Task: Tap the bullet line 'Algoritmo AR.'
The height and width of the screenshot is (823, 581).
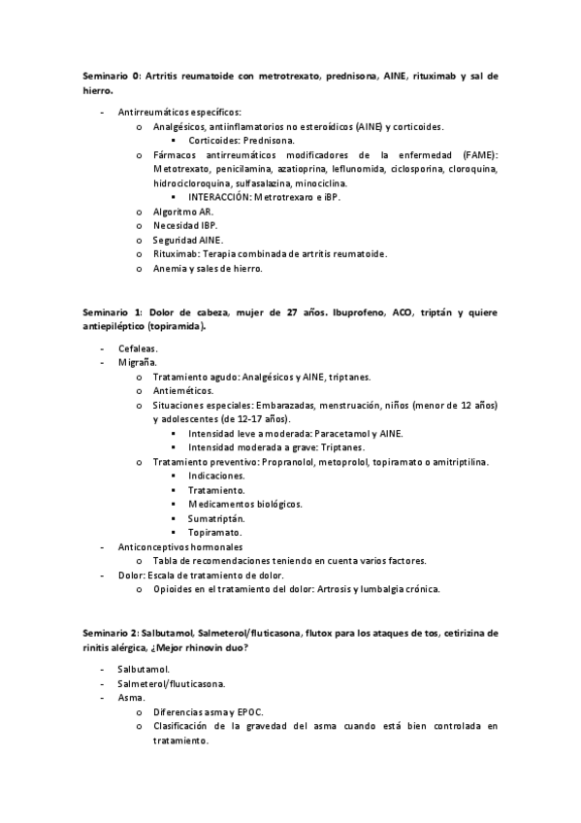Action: coord(183,211)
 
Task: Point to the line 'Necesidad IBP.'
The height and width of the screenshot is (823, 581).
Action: coord(185,225)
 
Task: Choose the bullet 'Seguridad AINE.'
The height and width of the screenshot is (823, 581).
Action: coord(187,240)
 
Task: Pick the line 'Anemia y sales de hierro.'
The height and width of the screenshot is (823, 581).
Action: coord(208,268)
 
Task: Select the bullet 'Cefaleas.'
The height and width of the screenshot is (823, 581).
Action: coord(138,347)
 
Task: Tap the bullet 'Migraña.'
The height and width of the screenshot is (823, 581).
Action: coord(136,362)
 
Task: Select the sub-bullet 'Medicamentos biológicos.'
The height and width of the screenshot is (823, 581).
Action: coord(244,504)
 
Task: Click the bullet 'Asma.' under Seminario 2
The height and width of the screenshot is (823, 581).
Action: coord(131,697)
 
